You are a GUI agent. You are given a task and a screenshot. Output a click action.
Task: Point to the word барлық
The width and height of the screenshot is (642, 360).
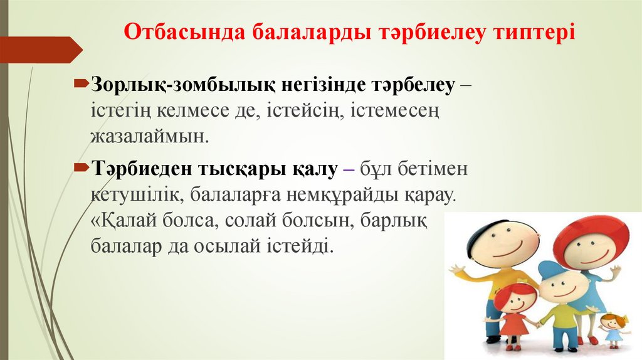pyautogui.click(x=400, y=220)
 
